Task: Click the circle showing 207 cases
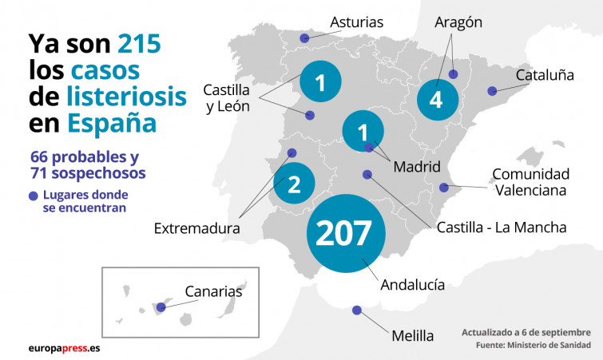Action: (x=345, y=232)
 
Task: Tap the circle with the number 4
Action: (x=435, y=100)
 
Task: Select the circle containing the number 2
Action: (x=293, y=185)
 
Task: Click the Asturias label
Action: (x=357, y=22)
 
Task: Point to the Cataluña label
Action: (x=545, y=75)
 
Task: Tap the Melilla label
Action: (x=412, y=336)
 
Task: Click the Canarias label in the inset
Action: (x=212, y=291)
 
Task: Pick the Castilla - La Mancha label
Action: (x=502, y=227)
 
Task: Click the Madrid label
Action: (x=417, y=167)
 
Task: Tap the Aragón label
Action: (x=458, y=22)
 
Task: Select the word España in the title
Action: (x=111, y=124)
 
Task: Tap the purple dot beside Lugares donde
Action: (x=33, y=196)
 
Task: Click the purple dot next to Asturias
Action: (x=303, y=38)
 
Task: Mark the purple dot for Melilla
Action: (x=356, y=311)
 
